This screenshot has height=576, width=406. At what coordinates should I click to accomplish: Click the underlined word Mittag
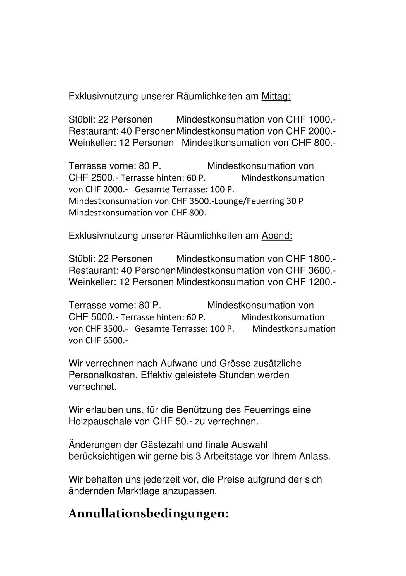pos(276,97)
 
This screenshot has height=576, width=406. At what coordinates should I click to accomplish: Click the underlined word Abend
pos(277,236)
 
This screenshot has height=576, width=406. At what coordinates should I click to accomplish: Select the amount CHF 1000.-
pos(311,120)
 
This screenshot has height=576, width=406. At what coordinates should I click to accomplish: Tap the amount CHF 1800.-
pos(311,259)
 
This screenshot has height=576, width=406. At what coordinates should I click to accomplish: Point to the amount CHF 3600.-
pos(311,271)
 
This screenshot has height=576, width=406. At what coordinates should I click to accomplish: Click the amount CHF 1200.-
pos(311,282)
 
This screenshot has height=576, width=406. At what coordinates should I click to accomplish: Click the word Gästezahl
pos(162,445)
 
